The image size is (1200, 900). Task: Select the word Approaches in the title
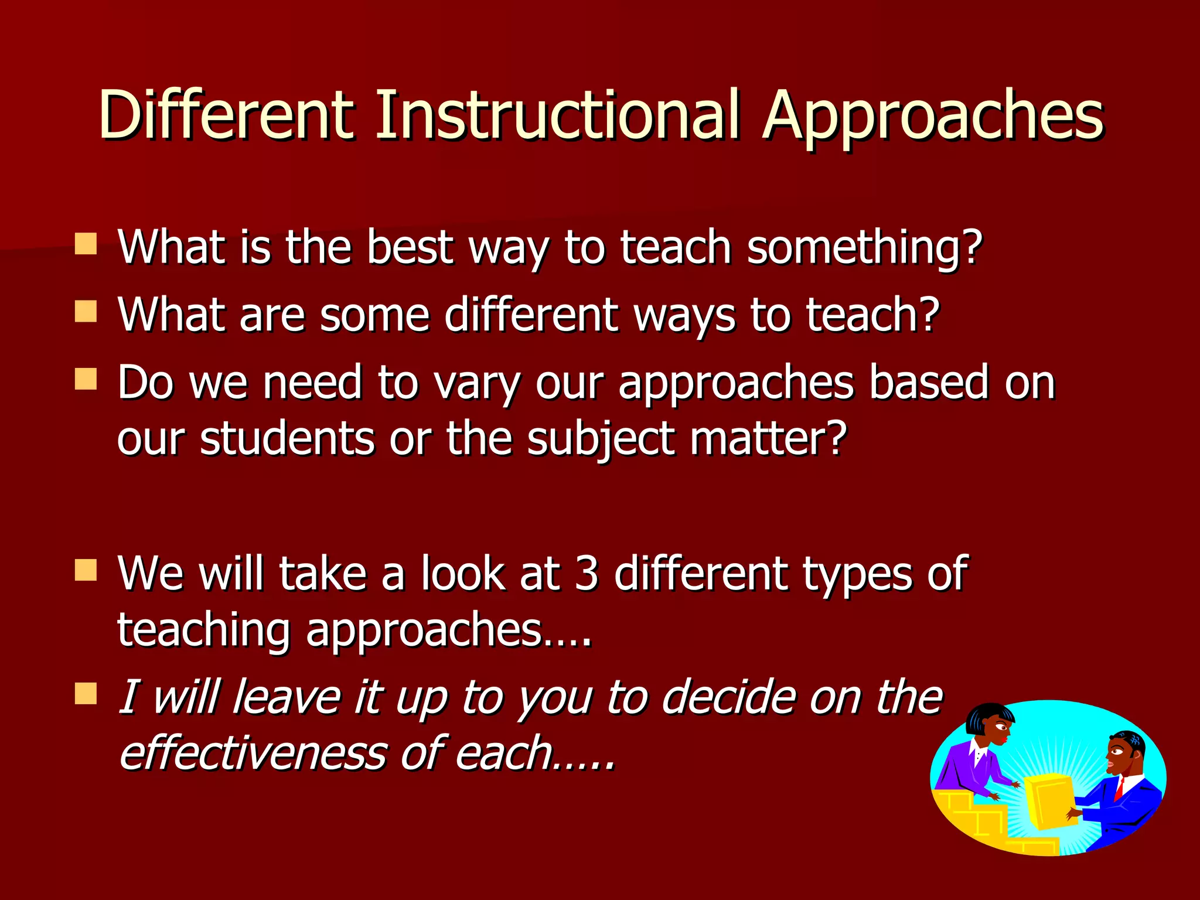point(933,117)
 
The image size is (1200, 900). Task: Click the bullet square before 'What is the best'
point(86,244)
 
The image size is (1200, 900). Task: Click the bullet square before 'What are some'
point(86,312)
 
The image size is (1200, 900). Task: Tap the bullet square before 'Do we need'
point(86,379)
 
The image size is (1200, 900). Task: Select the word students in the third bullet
point(287,439)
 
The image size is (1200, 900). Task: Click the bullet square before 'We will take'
point(86,570)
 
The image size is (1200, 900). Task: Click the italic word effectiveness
point(253,754)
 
